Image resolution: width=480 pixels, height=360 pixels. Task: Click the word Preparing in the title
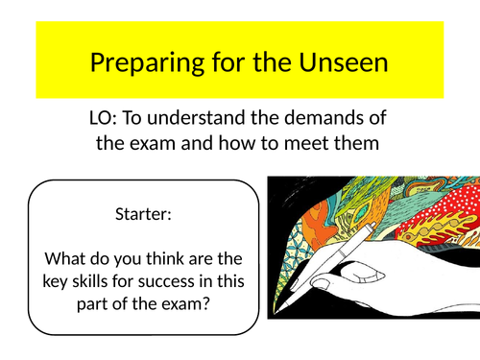pyautogui.click(x=136, y=64)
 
